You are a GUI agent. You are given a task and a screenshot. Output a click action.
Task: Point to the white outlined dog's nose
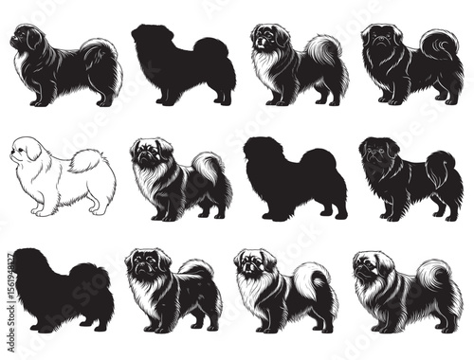[11, 153]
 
